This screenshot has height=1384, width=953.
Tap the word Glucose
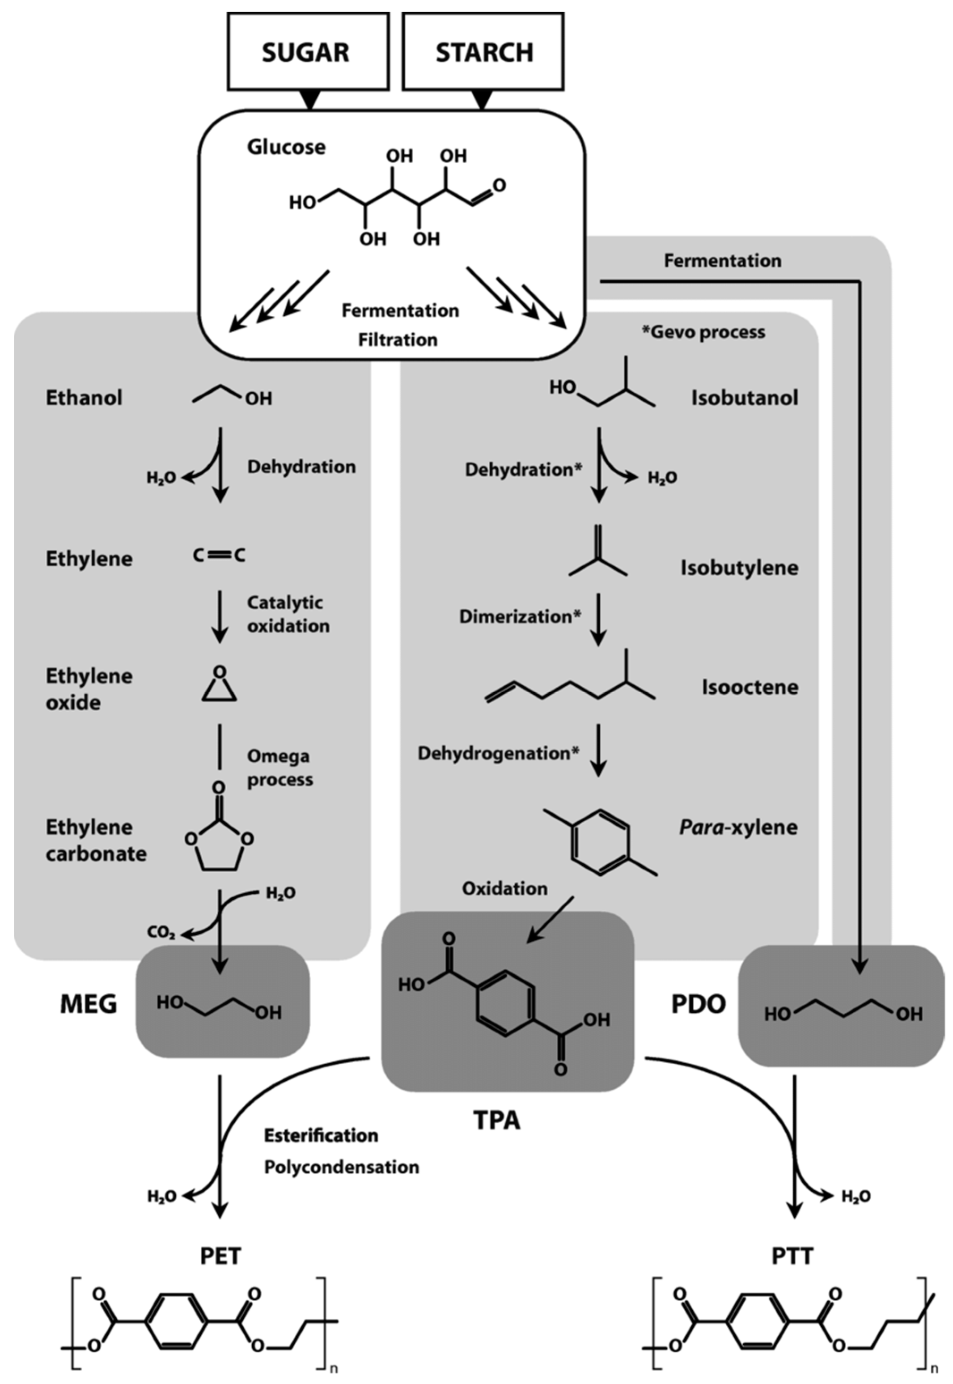coord(287,147)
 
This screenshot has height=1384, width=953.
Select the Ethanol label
coord(84,398)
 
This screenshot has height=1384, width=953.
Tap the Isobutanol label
coord(745,398)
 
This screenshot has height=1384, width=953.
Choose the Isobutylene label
coord(739,568)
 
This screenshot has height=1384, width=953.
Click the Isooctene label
coord(750,687)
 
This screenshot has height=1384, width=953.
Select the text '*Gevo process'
coord(703,332)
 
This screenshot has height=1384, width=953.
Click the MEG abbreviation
coord(89,1004)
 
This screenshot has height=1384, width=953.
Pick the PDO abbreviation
coord(699,1004)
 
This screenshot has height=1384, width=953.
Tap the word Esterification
coord(321,1135)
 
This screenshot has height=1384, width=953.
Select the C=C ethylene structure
coord(219,556)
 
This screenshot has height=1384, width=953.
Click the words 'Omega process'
coord(280,768)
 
